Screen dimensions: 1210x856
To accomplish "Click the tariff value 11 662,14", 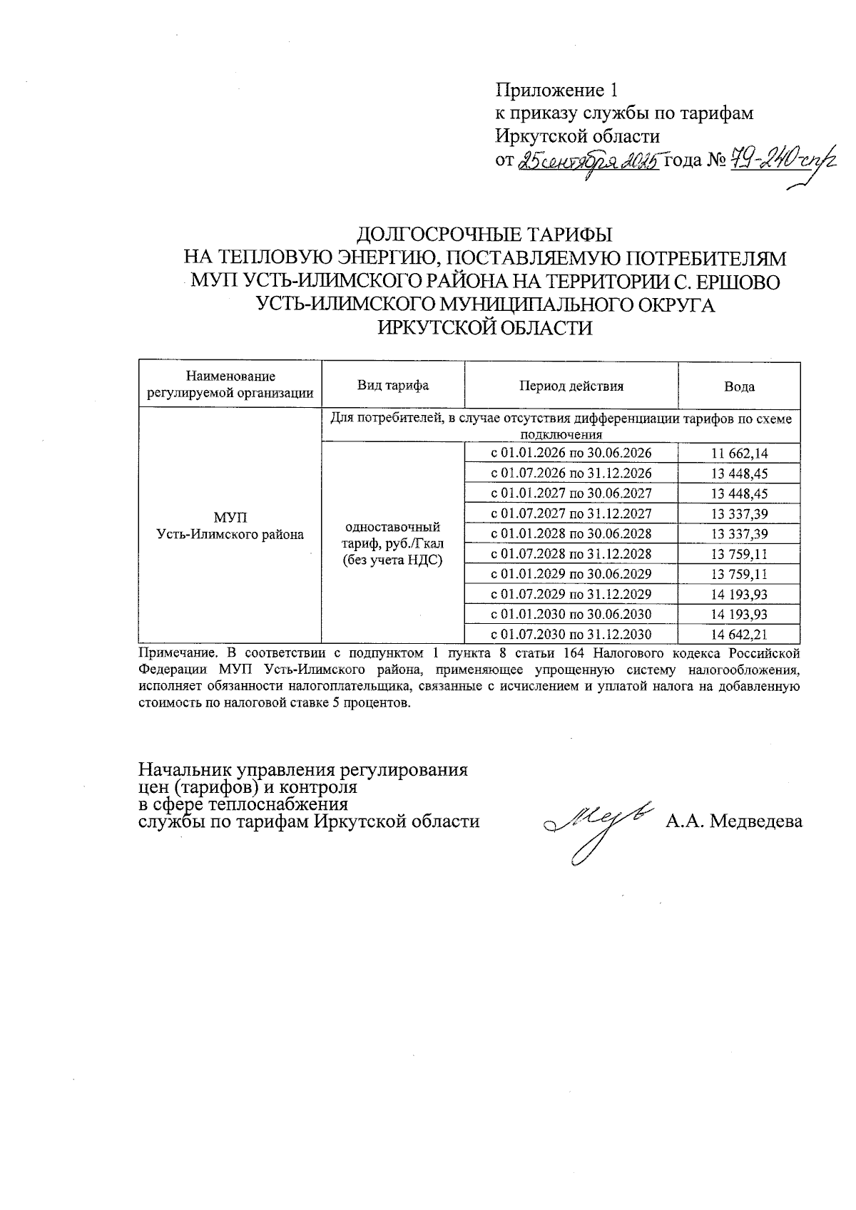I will (x=739, y=453).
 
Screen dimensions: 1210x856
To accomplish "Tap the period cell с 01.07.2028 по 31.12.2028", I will (x=571, y=554).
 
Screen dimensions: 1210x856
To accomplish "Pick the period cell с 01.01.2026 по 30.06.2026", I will (x=571, y=453).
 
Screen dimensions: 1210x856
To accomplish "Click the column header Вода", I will (x=739, y=386).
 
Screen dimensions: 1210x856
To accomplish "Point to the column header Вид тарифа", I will (x=393, y=386).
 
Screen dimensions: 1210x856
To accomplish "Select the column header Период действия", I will (x=571, y=386).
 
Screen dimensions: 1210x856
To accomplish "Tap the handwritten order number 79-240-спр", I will (x=781, y=162).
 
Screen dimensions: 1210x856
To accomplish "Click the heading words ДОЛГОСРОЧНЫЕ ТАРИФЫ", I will (x=484, y=235).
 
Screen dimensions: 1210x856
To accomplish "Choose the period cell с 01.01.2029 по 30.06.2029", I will (x=571, y=574).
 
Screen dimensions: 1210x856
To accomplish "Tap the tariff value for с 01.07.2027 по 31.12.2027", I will (x=739, y=513).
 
